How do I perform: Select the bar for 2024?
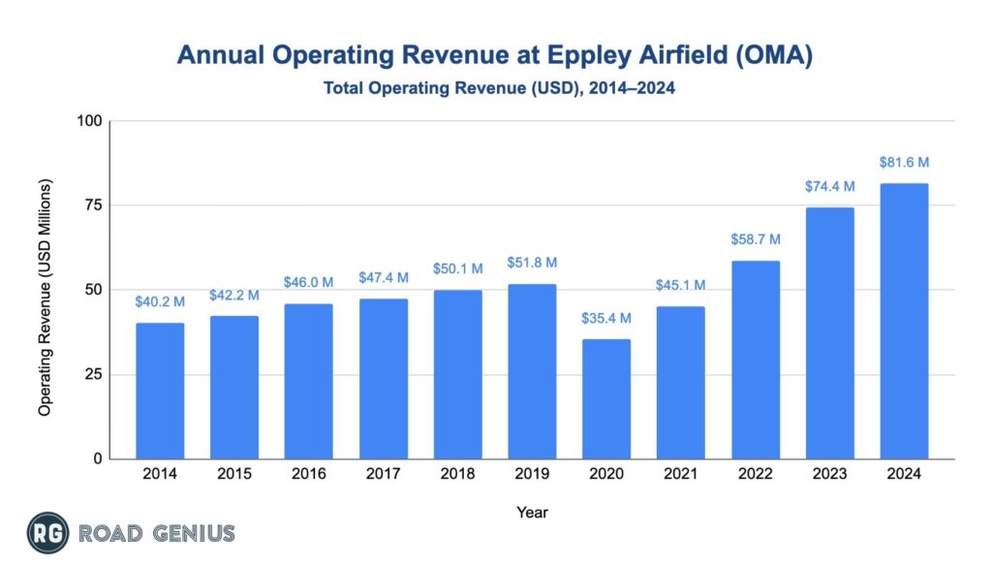904,321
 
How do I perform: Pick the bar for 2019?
532,371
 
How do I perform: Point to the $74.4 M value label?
829,186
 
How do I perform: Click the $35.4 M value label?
606,318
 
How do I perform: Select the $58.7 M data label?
756,239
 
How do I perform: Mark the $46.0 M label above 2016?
309,282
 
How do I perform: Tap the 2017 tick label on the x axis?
384,474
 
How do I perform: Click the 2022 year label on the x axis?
756,474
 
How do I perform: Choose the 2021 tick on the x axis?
681,474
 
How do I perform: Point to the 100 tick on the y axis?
89,121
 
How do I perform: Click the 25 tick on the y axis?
94,375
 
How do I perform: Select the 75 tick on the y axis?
94,205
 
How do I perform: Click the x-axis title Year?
532,511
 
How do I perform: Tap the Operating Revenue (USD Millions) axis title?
45,298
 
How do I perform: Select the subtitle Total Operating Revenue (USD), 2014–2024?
495,88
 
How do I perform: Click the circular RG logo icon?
45,532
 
